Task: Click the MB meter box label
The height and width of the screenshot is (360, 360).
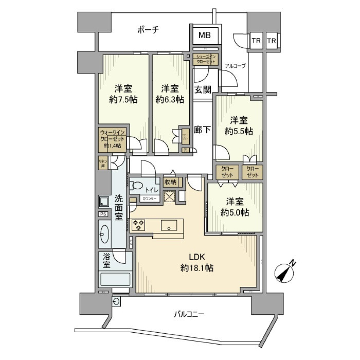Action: point(204,36)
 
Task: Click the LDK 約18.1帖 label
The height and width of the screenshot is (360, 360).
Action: point(196,263)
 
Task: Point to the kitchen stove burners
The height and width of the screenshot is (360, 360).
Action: point(138,225)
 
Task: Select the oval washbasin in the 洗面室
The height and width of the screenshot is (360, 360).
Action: point(105,234)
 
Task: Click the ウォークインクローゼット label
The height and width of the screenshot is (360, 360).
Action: point(112,139)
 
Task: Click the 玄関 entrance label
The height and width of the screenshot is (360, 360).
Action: point(202,90)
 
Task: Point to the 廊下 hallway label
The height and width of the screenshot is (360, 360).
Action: point(202,130)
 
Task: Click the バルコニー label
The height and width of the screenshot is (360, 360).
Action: point(189,314)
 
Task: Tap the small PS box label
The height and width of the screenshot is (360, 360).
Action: point(103,214)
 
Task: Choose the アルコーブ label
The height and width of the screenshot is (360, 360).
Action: point(235,66)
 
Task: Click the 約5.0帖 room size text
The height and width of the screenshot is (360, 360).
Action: point(235,213)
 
